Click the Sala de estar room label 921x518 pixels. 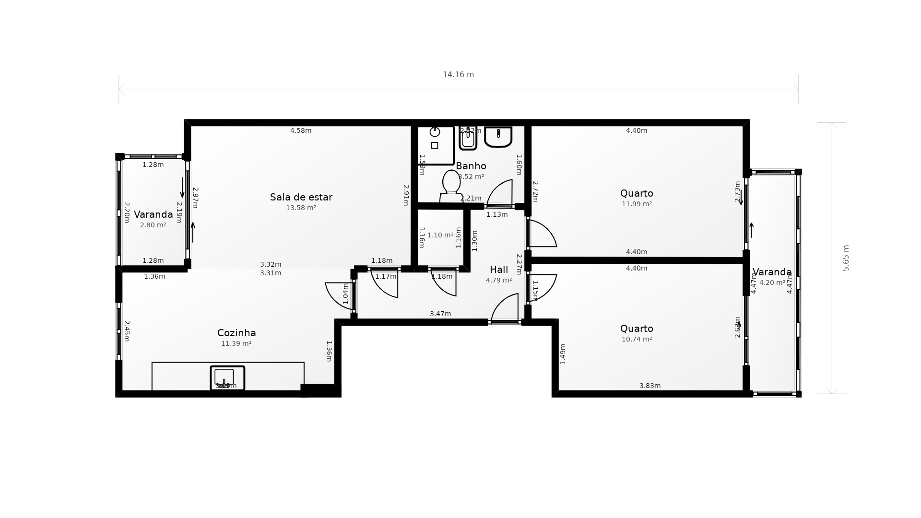[x=301, y=197]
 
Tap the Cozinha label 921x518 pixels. [x=236, y=333]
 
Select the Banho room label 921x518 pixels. [x=471, y=166]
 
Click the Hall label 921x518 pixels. [x=498, y=270]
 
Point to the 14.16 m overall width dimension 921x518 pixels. [x=458, y=75]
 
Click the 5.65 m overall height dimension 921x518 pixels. [x=846, y=258]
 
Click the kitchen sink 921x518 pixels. [x=227, y=377]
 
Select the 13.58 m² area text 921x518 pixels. [x=301, y=208]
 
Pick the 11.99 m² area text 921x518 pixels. [x=637, y=204]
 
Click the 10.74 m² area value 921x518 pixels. [x=637, y=339]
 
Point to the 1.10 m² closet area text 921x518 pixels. [x=440, y=235]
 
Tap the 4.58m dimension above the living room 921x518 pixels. [x=301, y=130]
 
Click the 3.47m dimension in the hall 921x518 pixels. [x=440, y=314]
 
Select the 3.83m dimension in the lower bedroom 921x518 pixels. [x=650, y=386]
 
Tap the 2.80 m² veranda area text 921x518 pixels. [x=153, y=225]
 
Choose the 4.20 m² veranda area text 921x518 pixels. [x=772, y=283]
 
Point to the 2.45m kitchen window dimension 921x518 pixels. [x=127, y=331]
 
